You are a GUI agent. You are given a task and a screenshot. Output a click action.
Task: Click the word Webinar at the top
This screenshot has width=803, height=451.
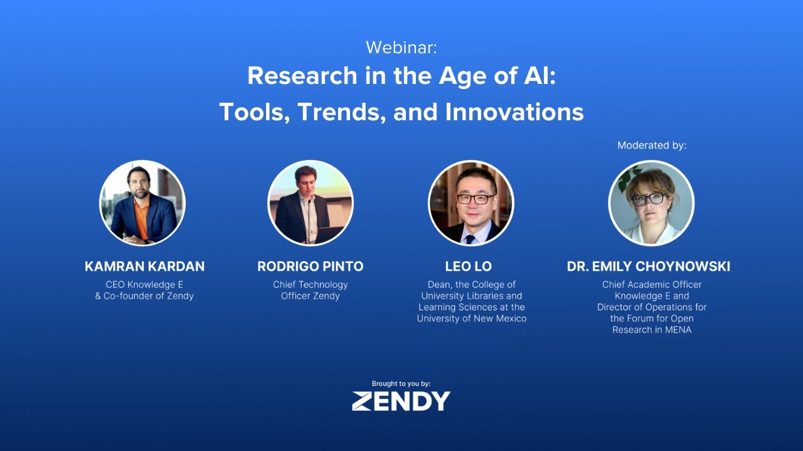pyautogui.click(x=401, y=47)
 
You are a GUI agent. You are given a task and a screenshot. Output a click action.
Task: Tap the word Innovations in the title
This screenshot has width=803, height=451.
pyautogui.click(x=514, y=112)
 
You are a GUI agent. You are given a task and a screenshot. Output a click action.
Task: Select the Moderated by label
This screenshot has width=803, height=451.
pyautogui.click(x=652, y=145)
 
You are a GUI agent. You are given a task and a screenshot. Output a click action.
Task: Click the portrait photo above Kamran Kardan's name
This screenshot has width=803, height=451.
pyautogui.click(x=142, y=202)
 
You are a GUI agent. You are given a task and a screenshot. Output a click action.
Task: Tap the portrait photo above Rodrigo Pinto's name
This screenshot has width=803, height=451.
pyautogui.click(x=310, y=202)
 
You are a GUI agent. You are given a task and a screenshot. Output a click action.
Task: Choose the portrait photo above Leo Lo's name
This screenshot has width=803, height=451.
pyautogui.click(x=471, y=202)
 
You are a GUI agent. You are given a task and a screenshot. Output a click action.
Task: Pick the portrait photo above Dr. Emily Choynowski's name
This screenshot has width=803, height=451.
pyautogui.click(x=651, y=202)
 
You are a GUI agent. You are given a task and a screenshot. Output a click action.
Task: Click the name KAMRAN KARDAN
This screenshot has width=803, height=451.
pyautogui.click(x=144, y=266)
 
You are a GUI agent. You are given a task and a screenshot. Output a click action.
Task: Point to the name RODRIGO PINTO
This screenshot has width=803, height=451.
pyautogui.click(x=310, y=266)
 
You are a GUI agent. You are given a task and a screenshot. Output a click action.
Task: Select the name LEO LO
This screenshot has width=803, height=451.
pyautogui.click(x=468, y=266)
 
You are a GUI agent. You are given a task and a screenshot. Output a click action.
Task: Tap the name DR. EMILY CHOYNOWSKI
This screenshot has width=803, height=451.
pyautogui.click(x=648, y=266)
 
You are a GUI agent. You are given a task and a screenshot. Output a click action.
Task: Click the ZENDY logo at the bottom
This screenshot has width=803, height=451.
pyautogui.click(x=401, y=401)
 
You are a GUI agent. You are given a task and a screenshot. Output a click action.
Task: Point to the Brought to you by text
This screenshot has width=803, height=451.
pyautogui.click(x=401, y=383)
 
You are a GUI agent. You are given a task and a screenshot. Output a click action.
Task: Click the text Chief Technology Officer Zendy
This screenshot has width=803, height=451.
pyautogui.click(x=310, y=290)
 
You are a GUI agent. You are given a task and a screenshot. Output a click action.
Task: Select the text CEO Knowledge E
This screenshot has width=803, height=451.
pyautogui.click(x=144, y=284)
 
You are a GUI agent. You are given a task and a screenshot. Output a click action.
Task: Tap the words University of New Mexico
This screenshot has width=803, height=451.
pyautogui.click(x=472, y=318)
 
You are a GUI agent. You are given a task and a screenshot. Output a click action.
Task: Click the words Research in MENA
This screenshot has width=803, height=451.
pyautogui.click(x=652, y=329)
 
